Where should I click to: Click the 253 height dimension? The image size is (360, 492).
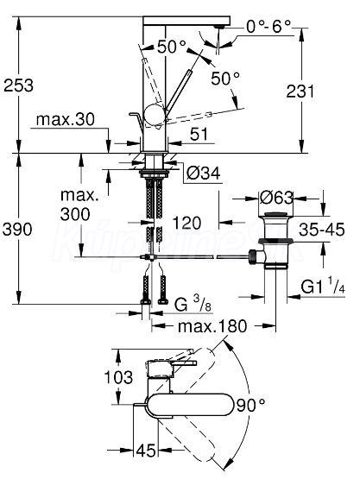click(18, 85)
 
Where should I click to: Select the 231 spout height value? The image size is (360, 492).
click(300, 91)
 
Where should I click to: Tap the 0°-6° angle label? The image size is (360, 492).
click(269, 27)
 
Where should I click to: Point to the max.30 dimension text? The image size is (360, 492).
click(66, 120)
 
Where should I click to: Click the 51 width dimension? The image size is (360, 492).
click(199, 134)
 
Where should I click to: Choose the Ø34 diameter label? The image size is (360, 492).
click(204, 173)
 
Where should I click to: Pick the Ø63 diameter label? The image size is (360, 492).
click(276, 198)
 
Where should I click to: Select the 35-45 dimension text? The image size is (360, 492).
click(322, 230)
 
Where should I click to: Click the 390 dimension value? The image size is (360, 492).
click(17, 229)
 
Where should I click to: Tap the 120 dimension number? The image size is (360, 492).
click(186, 223)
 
